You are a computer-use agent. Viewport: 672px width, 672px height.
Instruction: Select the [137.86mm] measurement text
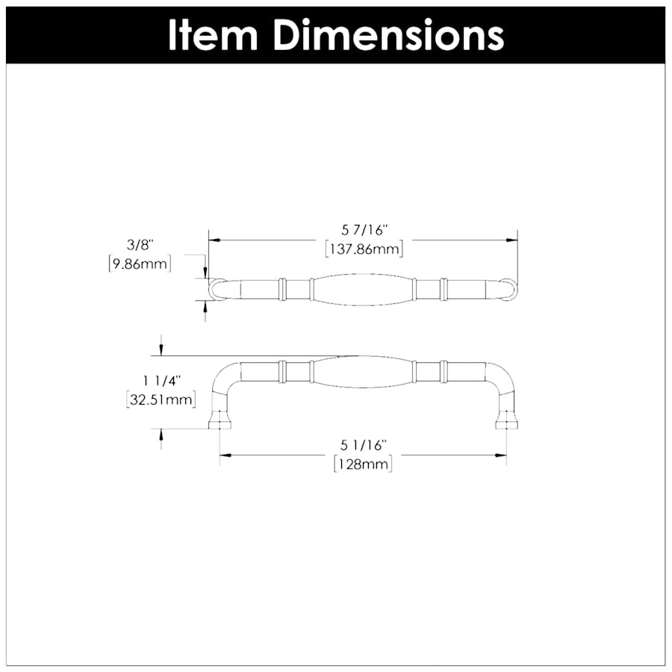pyautogui.click(x=364, y=249)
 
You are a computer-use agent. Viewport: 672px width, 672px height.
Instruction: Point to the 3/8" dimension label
pyautogui.click(x=140, y=245)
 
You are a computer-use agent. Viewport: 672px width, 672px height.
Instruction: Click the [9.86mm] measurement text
pyautogui.click(x=140, y=263)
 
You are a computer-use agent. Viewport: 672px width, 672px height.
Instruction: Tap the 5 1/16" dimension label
pyautogui.click(x=363, y=446)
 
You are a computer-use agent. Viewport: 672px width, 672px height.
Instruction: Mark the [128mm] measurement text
pyautogui.click(x=363, y=464)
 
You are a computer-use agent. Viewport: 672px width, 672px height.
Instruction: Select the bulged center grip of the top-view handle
pyautogui.click(x=363, y=289)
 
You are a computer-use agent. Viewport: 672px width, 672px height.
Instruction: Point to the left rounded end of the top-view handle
pyautogui.click(x=215, y=289)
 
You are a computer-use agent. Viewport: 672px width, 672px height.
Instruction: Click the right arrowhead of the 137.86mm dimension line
pyautogui.click(x=512, y=240)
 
